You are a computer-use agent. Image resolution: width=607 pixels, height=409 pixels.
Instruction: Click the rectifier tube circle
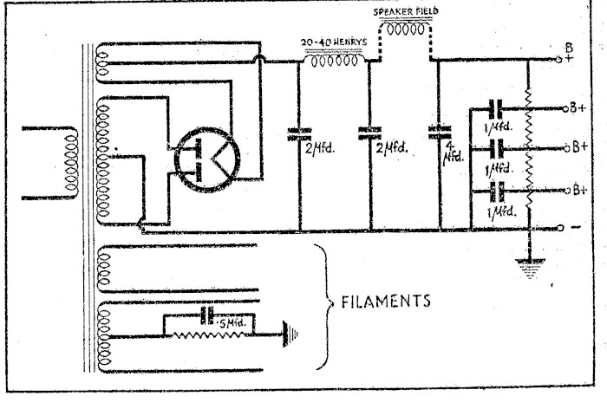[x=201, y=158]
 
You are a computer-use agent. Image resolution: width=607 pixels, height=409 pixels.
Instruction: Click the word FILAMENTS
[x=382, y=303]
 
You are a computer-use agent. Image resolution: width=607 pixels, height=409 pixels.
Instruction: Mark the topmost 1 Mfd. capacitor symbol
[x=495, y=109]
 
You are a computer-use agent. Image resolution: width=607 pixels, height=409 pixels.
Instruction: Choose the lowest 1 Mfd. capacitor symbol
[x=495, y=190]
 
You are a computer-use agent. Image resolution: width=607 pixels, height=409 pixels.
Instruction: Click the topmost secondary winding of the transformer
[x=101, y=60]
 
